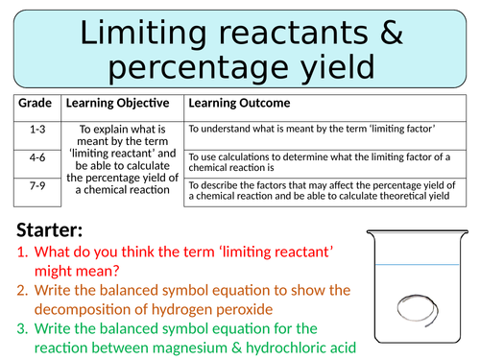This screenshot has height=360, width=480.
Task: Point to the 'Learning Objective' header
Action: pyautogui.click(x=117, y=103)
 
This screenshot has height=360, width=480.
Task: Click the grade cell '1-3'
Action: pyautogui.click(x=36, y=129)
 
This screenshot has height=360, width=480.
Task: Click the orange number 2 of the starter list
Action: pyautogui.click(x=24, y=290)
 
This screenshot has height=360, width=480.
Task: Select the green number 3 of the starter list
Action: pyautogui.click(x=24, y=329)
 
